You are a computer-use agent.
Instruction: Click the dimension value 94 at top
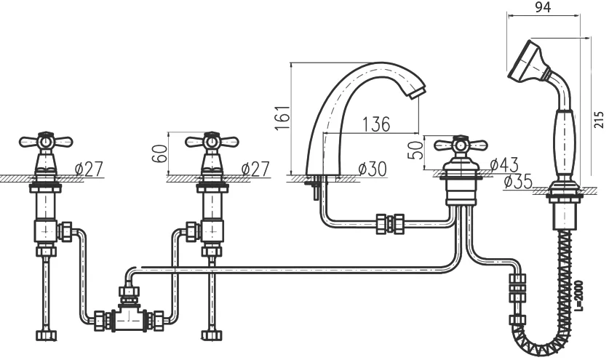click(543, 7)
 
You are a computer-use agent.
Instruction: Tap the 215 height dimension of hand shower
click(600, 119)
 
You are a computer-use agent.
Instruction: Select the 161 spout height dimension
click(283, 117)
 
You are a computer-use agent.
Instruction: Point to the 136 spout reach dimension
click(376, 124)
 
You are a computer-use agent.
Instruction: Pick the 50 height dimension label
click(415, 150)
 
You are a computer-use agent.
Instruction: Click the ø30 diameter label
click(372, 169)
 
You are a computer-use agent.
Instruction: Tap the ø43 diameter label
click(504, 164)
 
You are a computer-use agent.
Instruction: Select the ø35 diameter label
click(518, 181)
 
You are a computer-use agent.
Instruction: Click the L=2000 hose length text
click(578, 296)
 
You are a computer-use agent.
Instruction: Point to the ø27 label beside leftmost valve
click(89, 169)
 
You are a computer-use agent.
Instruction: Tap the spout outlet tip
click(417, 94)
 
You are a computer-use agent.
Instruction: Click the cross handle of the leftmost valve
click(46, 142)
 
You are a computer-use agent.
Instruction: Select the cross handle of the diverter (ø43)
click(461, 145)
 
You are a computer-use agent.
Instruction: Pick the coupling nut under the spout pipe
click(390, 224)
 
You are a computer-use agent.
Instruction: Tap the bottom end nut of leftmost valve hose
click(47, 335)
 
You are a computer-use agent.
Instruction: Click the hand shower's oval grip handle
click(565, 145)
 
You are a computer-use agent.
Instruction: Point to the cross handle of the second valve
click(212, 142)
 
